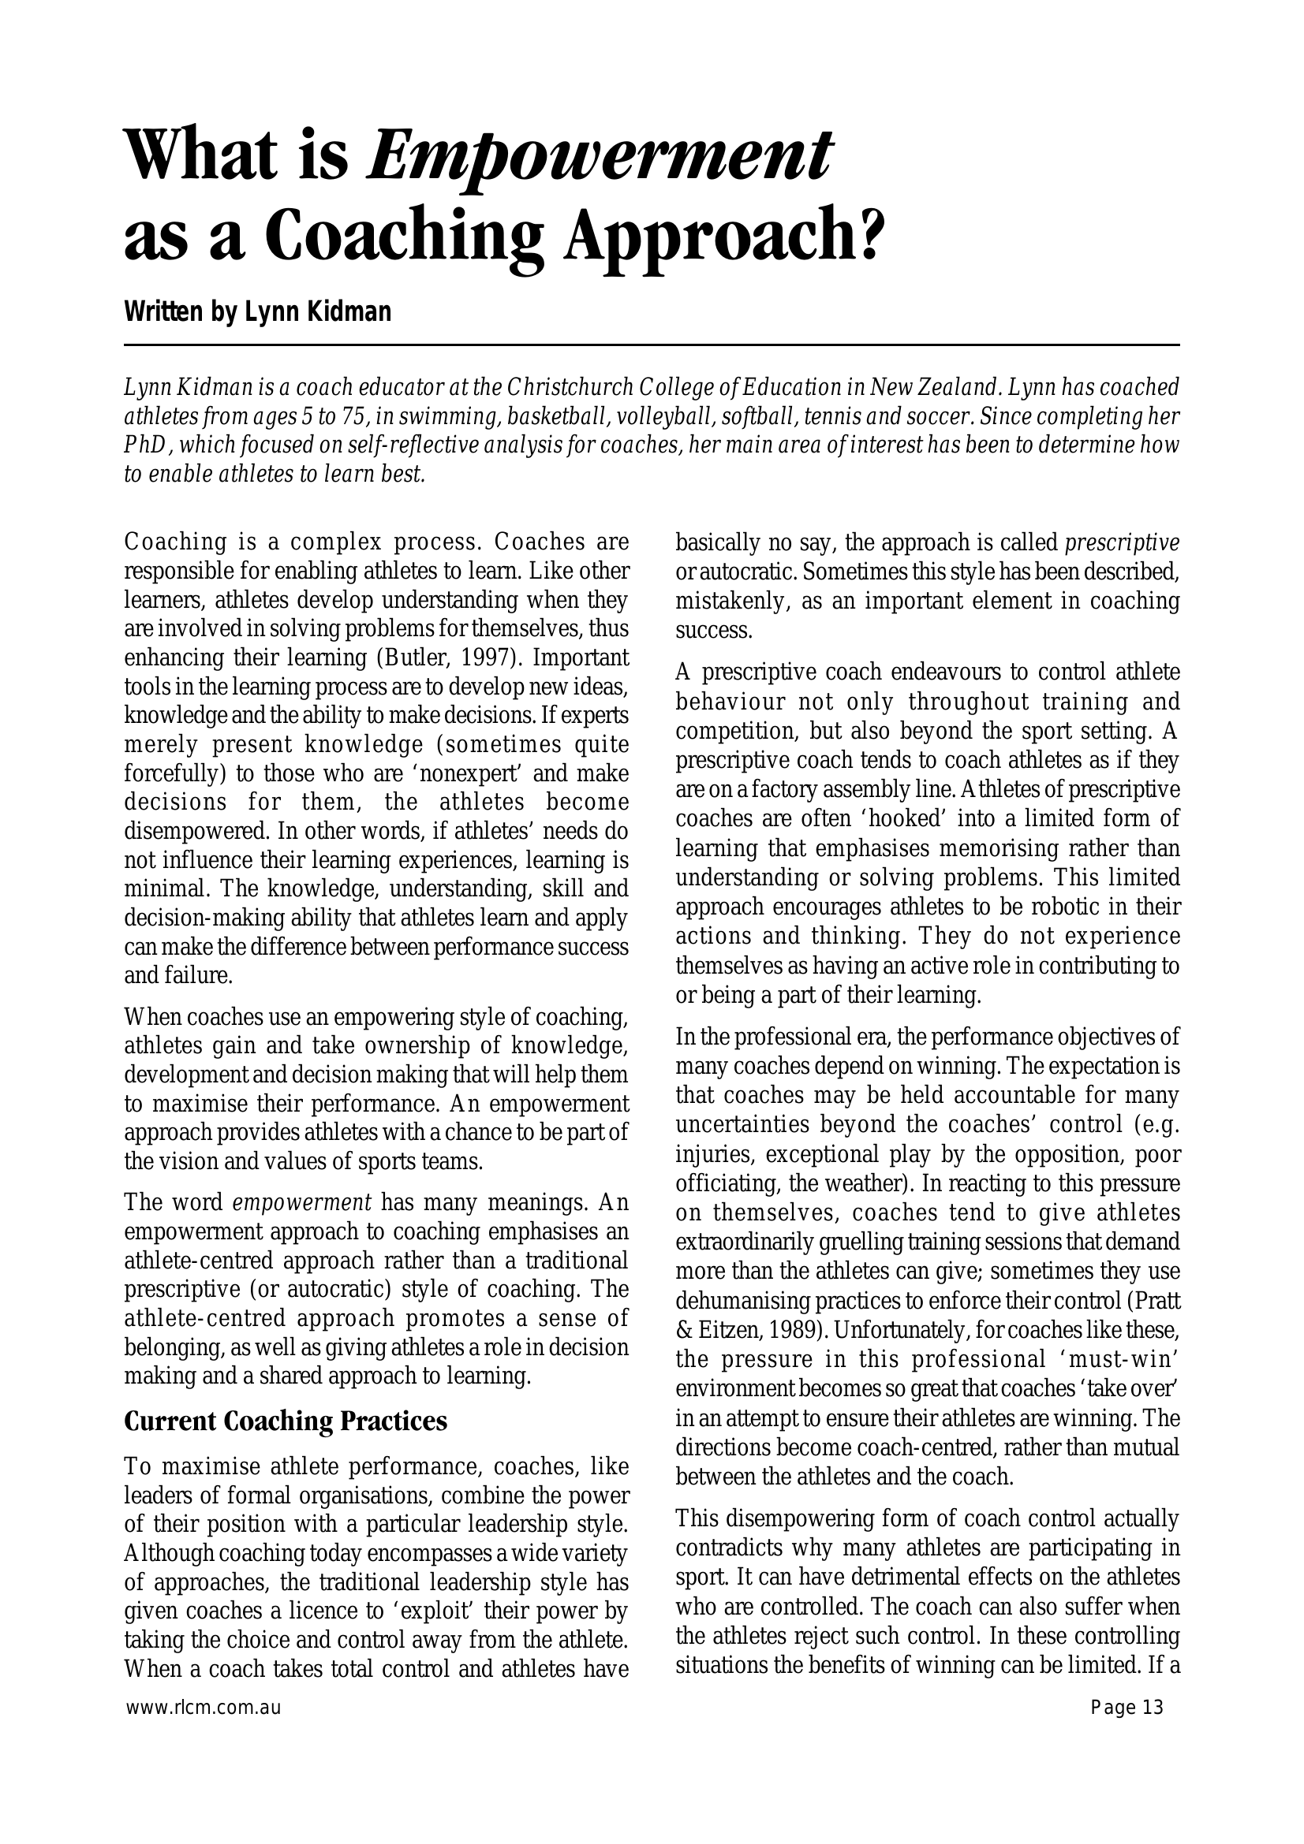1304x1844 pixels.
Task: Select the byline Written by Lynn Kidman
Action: (x=257, y=311)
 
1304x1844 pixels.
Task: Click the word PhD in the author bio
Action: (x=144, y=445)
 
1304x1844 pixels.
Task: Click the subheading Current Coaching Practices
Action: (x=286, y=1421)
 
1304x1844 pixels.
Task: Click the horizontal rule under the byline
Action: (x=651, y=345)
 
